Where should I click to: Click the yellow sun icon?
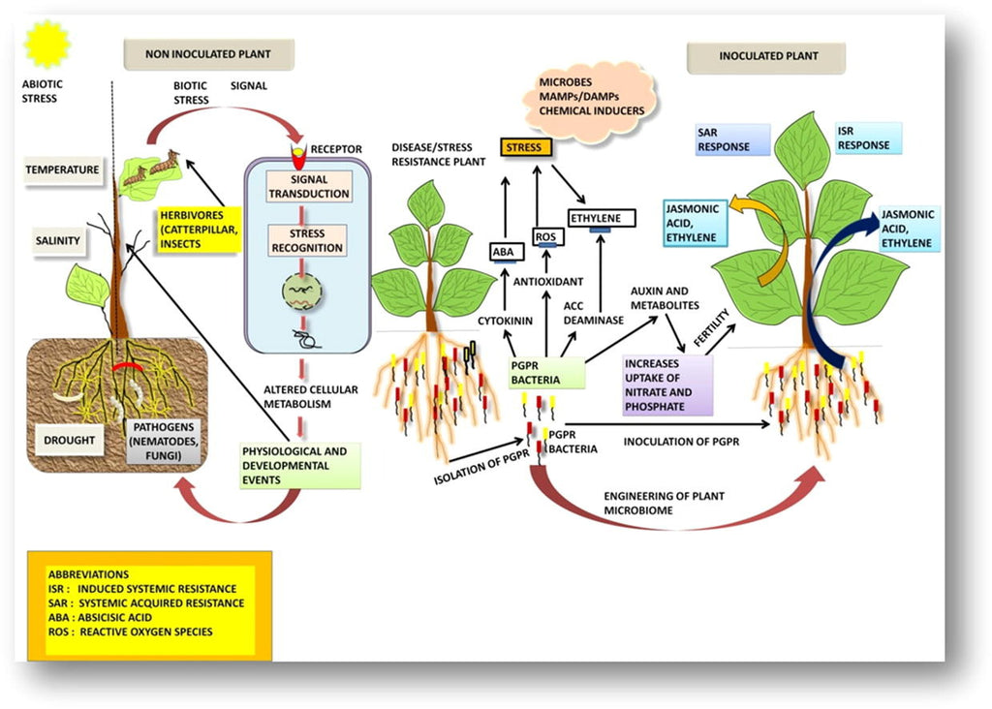[46, 45]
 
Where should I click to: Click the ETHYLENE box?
[601, 219]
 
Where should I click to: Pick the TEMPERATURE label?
[62, 170]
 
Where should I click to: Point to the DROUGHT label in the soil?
[70, 441]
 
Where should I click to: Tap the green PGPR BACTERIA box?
[547, 373]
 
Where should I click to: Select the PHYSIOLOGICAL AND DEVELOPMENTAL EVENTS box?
[299, 465]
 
